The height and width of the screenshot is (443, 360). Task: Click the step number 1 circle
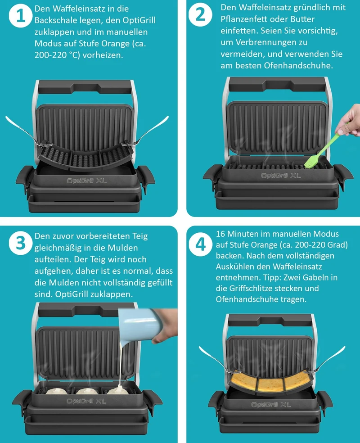click(20, 16)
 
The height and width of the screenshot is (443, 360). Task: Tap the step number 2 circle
click(200, 14)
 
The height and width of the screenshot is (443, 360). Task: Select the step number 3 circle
click(20, 243)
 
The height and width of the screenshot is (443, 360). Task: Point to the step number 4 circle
click(200, 244)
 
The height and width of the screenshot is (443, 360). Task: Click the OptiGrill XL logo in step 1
click(87, 181)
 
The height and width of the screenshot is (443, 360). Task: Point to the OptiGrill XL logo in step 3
click(86, 401)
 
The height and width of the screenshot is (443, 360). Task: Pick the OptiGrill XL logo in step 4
click(271, 405)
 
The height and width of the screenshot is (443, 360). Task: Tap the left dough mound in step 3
click(56, 391)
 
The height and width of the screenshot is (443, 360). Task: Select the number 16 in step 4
click(220, 234)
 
